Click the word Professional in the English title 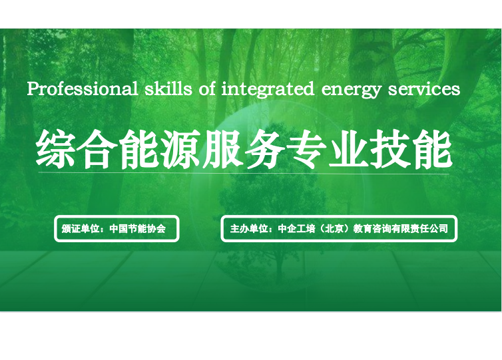point(83,89)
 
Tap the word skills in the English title point(168,89)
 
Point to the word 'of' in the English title point(207,89)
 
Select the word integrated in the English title point(268,90)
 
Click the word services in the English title point(424,90)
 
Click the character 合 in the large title point(98,149)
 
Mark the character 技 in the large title point(391,149)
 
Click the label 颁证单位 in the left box point(81,228)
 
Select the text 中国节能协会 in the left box point(138,228)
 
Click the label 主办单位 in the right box point(249,228)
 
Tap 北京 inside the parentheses point(335,228)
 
